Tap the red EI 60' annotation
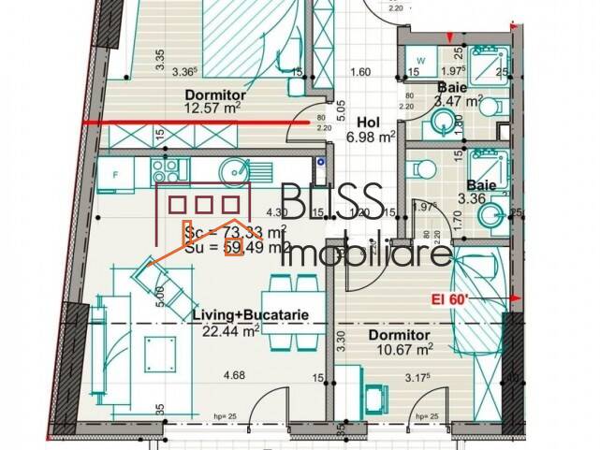(480, 298)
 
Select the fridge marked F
(115, 173)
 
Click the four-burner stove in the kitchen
(166, 170)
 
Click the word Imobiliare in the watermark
(367, 254)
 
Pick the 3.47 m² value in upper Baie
(459, 99)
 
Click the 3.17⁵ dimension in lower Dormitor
(426, 377)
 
